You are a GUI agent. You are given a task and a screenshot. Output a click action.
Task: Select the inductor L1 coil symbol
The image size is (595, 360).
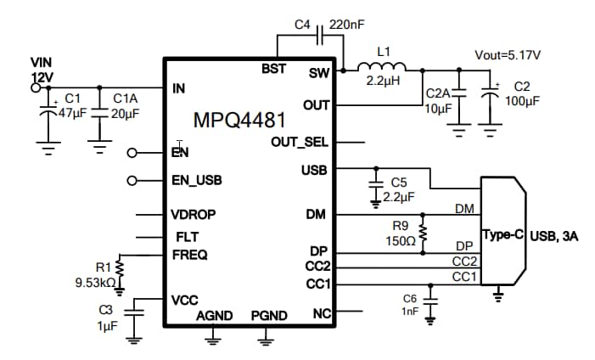pyautogui.click(x=383, y=69)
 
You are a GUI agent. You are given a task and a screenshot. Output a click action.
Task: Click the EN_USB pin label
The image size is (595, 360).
pyautogui.click(x=196, y=181)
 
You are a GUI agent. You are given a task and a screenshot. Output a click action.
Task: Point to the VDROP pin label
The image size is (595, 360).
pyautogui.click(x=193, y=215)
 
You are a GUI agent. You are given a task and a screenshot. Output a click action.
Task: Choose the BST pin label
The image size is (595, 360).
pyautogui.click(x=274, y=68)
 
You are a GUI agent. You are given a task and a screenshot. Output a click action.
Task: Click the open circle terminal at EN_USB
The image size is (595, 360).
pyautogui.click(x=132, y=181)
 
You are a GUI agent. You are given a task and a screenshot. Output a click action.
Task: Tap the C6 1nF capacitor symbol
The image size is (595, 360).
pyautogui.click(x=430, y=300)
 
